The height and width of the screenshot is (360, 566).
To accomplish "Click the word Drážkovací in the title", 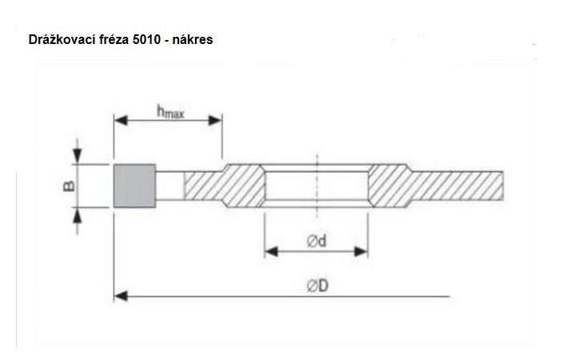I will pyautogui.click(x=58, y=39).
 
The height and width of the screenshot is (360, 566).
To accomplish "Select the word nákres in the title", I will pyautogui.click(x=191, y=39).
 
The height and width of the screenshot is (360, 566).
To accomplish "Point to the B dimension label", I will pyautogui.click(x=69, y=186).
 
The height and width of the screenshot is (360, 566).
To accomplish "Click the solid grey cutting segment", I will pyautogui.click(x=134, y=186).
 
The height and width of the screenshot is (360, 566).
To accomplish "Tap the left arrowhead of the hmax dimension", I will pyautogui.click(x=119, y=121).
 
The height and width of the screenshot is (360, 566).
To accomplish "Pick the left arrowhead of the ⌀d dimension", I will pyautogui.click(x=270, y=251).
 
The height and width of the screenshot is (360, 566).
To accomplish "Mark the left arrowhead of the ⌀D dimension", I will pyautogui.click(x=120, y=296).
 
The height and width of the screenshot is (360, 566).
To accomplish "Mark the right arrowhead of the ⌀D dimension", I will pyautogui.click(x=447, y=296).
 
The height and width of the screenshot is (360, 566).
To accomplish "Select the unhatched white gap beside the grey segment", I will pyautogui.click(x=169, y=186).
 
